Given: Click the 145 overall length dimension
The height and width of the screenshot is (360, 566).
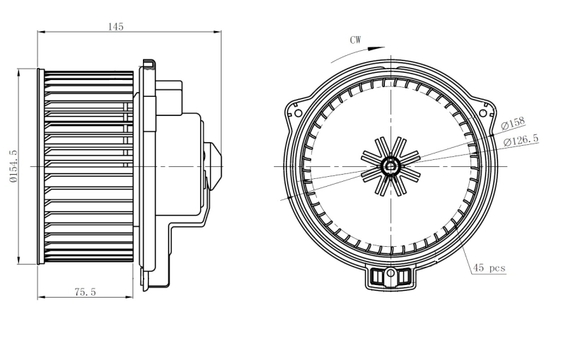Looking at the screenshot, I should click(x=116, y=26).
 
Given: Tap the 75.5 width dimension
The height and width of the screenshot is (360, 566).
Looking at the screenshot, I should click(x=85, y=291).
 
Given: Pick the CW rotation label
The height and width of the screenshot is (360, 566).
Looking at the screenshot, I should click(x=355, y=40).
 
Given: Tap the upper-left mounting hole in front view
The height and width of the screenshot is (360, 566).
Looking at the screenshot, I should click(x=297, y=112).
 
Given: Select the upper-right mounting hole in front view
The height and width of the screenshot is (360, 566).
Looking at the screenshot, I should click(x=484, y=112).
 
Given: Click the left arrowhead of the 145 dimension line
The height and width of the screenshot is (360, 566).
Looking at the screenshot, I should click(x=40, y=32).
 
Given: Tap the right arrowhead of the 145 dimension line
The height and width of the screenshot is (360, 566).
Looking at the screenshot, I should click(x=219, y=32).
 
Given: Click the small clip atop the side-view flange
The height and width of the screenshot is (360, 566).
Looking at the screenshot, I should click(x=148, y=64).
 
